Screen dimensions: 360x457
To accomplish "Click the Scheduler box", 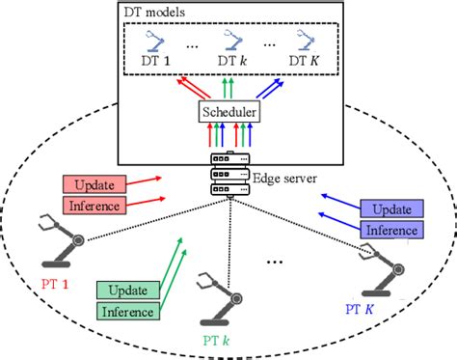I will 229,114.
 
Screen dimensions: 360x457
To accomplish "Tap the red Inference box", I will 94,205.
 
